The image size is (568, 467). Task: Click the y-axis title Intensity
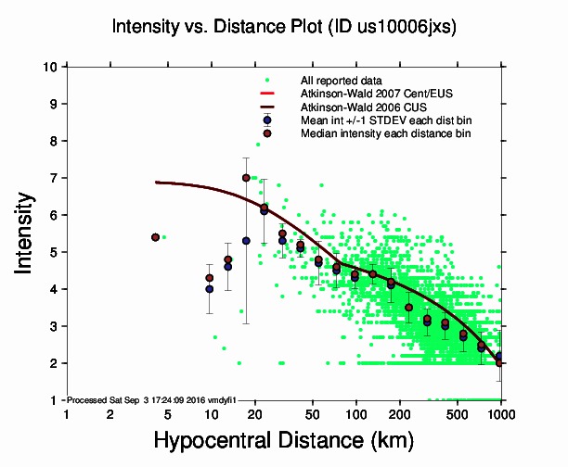(29, 233)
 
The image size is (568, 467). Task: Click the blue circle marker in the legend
(267, 120)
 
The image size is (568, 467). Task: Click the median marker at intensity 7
(246, 178)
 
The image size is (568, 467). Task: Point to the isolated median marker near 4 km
(156, 237)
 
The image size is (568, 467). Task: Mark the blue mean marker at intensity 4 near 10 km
(210, 289)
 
